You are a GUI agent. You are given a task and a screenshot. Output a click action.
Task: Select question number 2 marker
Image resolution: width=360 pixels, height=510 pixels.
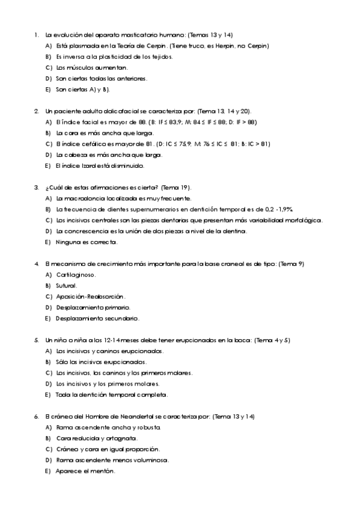pyautogui.click(x=37, y=111)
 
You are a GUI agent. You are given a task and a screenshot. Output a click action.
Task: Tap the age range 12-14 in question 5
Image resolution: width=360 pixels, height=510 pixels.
pyautogui.click(x=99, y=340)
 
